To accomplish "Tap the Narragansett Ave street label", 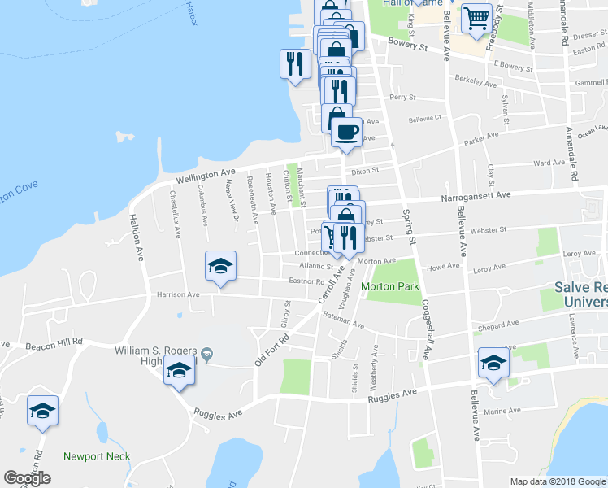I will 476,195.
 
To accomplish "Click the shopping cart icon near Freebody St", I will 476,18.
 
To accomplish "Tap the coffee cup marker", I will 345,131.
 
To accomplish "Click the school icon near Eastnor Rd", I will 220,266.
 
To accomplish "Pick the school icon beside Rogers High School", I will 180,371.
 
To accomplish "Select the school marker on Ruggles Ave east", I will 493,363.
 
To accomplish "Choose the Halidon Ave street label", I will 135,237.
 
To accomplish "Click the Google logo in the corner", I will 27,478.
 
